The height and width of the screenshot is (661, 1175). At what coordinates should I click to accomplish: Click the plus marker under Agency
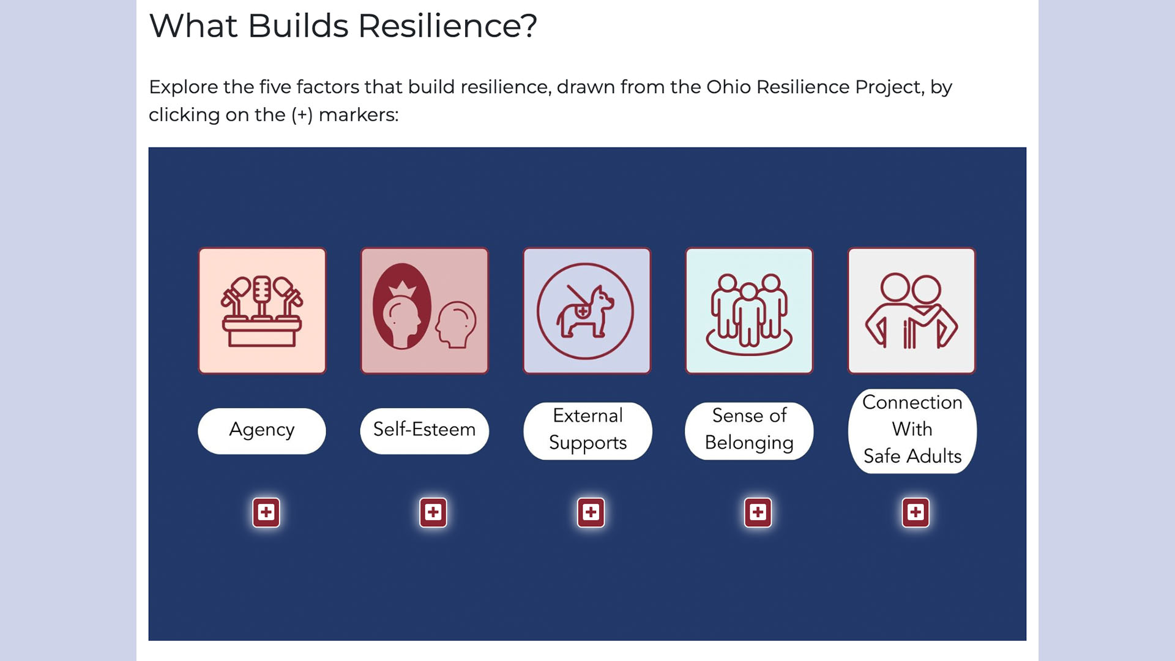[266, 512]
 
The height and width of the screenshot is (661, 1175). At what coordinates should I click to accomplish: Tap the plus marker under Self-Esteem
[433, 512]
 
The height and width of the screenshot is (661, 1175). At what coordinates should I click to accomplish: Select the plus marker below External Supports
[591, 512]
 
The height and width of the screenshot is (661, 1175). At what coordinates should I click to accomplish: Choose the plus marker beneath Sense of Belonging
[758, 512]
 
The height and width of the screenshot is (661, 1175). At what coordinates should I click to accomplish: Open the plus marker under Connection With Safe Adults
[916, 512]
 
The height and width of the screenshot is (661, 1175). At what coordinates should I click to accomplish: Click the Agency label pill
[262, 431]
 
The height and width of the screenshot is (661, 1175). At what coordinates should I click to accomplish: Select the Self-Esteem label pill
[425, 431]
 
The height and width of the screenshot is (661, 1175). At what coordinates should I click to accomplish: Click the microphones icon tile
[263, 311]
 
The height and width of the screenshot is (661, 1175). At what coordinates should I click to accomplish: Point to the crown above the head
[403, 288]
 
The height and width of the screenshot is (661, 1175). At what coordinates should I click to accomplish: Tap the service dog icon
[586, 311]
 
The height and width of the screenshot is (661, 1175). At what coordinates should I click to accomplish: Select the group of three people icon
[749, 313]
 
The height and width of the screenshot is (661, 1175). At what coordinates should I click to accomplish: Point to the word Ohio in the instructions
[728, 87]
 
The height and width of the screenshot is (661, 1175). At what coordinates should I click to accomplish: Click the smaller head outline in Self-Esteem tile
[456, 325]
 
